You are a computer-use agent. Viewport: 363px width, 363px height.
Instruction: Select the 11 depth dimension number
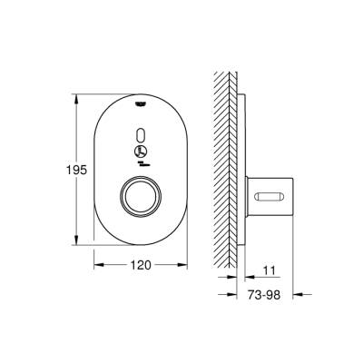click(268, 269)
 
